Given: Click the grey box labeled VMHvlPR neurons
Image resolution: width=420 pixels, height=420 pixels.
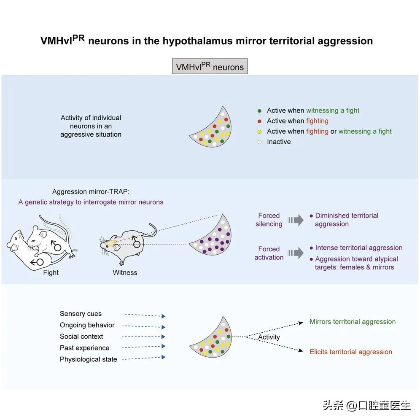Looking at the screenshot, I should pyautogui.click(x=210, y=67).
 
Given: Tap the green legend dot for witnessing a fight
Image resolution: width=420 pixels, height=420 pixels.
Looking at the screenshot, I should pyautogui.click(x=259, y=110).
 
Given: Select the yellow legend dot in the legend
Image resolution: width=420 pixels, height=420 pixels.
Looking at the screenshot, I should pyautogui.click(x=259, y=132).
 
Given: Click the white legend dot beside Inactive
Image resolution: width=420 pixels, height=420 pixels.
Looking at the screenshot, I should pyautogui.click(x=259, y=142).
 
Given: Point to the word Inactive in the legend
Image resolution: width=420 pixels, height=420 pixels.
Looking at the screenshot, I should pyautogui.click(x=279, y=142).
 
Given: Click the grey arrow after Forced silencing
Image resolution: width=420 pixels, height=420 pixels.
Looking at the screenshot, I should pyautogui.click(x=296, y=220).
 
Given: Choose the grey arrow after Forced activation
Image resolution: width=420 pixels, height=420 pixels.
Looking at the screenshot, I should pyautogui.click(x=296, y=253).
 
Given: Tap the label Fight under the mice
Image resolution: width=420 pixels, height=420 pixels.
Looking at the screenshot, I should pyautogui.click(x=51, y=272).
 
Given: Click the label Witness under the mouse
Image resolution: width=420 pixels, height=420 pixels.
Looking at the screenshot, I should pyautogui.click(x=125, y=272).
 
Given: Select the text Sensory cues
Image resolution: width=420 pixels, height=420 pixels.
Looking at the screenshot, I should pyautogui.click(x=81, y=314).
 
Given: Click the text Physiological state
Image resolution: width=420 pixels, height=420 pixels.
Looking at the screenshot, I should pyautogui.click(x=88, y=359).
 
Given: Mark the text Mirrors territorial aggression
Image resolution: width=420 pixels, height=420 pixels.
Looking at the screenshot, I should pyautogui.click(x=353, y=322).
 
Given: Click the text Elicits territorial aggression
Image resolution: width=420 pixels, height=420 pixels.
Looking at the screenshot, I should pyautogui.click(x=351, y=352).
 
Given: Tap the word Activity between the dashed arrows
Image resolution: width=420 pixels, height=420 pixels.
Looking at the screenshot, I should pyautogui.click(x=269, y=337).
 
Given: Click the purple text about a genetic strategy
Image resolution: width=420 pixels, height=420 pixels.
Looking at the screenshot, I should pyautogui.click(x=91, y=202).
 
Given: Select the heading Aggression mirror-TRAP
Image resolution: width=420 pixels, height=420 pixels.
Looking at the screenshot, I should pyautogui.click(x=88, y=191).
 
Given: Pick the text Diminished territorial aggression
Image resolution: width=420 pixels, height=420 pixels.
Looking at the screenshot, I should pyautogui.click(x=347, y=220).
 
